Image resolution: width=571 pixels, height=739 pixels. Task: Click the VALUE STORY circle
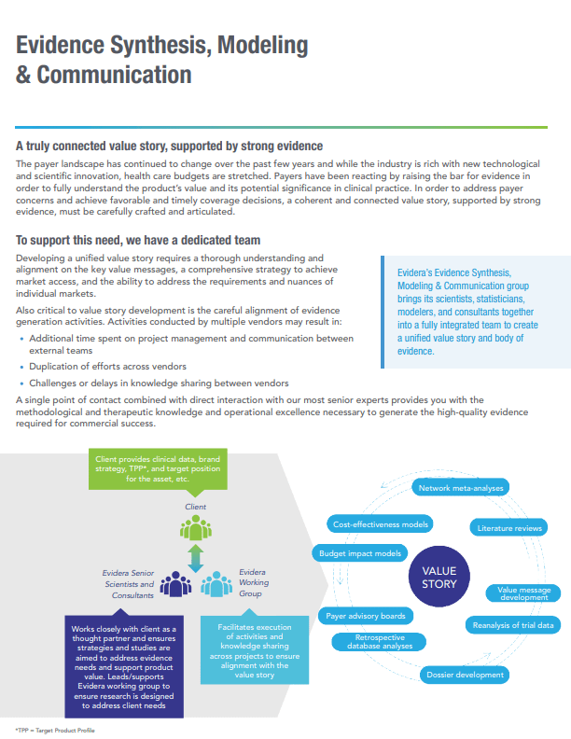439,577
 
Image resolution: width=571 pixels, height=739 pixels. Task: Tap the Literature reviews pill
509,528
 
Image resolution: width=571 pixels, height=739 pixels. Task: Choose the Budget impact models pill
361,553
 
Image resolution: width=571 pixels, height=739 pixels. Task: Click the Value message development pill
522,593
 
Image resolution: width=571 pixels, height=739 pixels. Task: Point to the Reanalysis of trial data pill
513,624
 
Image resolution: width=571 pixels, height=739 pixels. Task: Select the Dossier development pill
465,674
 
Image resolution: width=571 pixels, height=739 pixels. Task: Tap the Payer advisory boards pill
365,616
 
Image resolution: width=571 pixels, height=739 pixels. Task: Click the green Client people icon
195,529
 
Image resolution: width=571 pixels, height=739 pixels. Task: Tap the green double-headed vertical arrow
195,558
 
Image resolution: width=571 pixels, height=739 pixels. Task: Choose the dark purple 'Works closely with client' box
122,666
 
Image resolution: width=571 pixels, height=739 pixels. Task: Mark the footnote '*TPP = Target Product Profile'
55,729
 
